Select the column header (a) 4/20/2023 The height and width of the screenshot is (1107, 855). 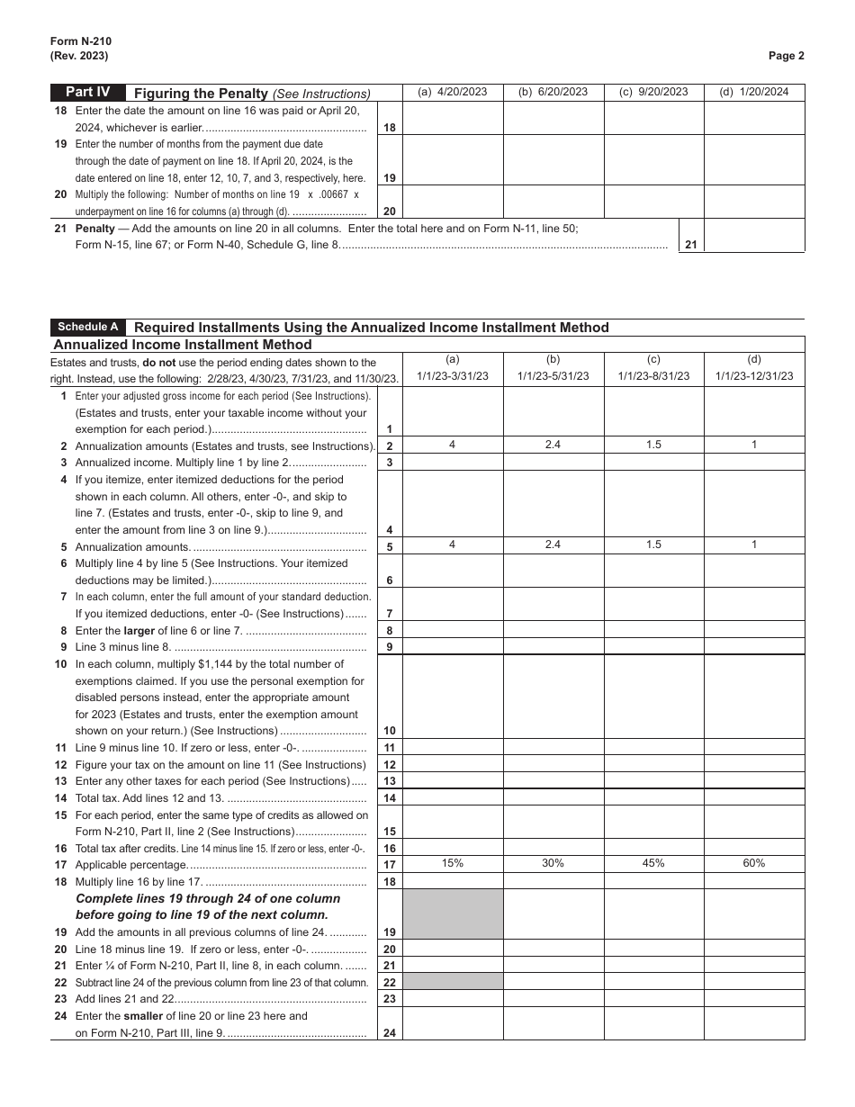click(x=452, y=92)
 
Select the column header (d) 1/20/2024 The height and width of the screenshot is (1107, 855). click(x=753, y=92)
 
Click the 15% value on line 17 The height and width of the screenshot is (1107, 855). click(x=452, y=863)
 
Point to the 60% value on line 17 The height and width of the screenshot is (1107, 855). click(x=753, y=863)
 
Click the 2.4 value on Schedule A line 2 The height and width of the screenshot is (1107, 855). click(x=553, y=445)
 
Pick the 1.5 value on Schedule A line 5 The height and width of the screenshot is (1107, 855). click(x=653, y=544)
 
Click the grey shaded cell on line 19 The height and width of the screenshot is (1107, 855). click(x=452, y=913)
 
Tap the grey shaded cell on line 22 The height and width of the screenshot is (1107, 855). click(x=452, y=981)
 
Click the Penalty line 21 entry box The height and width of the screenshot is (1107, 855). click(x=753, y=236)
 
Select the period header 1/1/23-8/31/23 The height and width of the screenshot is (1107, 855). click(x=653, y=376)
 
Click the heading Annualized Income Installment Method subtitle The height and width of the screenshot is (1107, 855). click(x=183, y=345)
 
